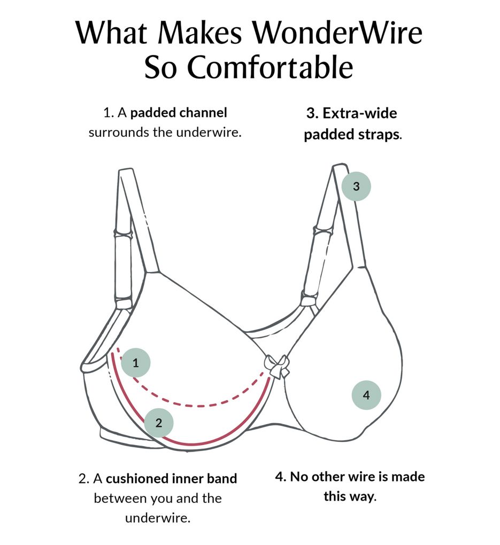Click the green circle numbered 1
[x=136, y=363]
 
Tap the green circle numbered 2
[x=159, y=423]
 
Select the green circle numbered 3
[x=356, y=186]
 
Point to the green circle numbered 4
[x=366, y=395]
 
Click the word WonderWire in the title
[x=337, y=34]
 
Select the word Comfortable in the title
[x=272, y=68]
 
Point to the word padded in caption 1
[x=152, y=113]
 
